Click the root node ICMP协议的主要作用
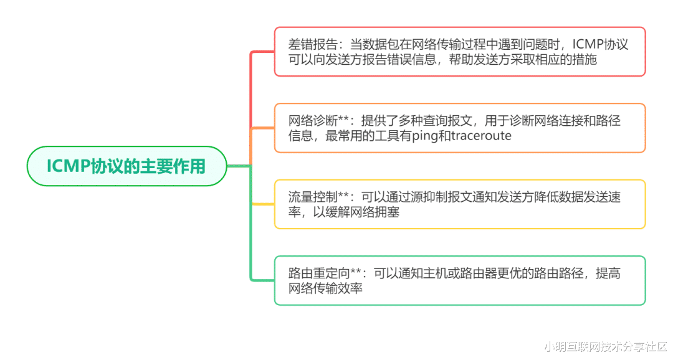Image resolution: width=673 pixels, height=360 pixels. pos(126,166)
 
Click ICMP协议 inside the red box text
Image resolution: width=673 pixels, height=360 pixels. pos(601,44)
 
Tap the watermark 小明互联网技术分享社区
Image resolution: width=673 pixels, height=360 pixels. pos(606,347)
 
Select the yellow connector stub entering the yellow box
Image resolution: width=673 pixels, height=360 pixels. pos(263,204)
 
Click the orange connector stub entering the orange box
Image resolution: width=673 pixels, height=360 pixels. pos(262,128)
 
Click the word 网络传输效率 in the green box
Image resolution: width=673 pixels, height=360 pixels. pos(325,288)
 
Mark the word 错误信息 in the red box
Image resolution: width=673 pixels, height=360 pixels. pos(412,59)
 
